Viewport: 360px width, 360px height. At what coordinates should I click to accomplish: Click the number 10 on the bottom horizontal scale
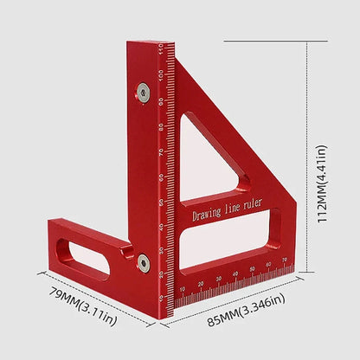(x=181, y=290)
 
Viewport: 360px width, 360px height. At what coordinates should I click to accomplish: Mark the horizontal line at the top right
(x=264, y=41)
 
